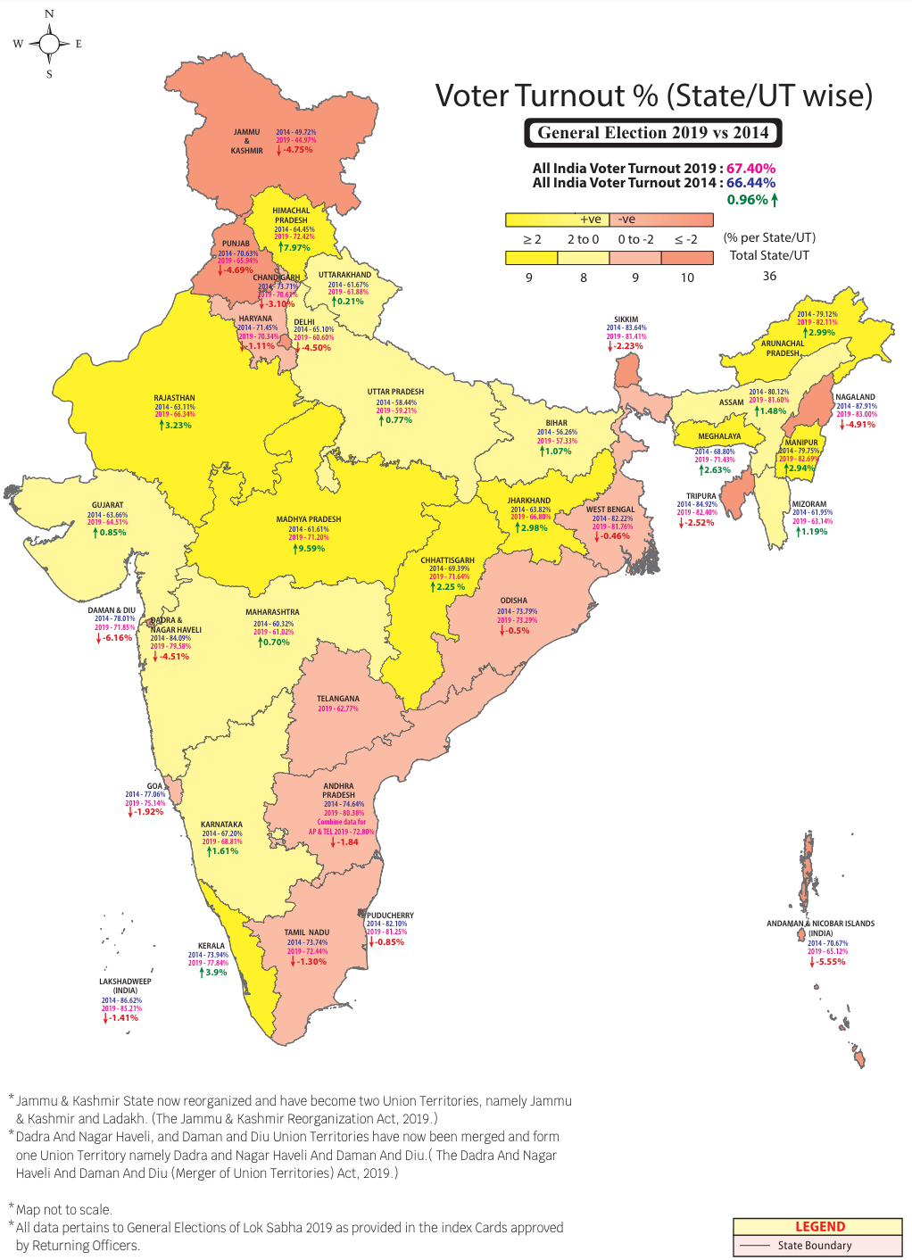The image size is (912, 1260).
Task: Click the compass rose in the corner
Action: pyautogui.click(x=49, y=44)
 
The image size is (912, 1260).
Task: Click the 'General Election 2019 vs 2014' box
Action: pyautogui.click(x=652, y=133)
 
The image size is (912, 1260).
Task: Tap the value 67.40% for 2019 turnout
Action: pyautogui.click(x=750, y=168)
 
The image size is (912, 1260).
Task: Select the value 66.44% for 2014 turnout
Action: pyautogui.click(x=750, y=183)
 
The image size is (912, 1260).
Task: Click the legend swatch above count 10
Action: pyautogui.click(x=687, y=258)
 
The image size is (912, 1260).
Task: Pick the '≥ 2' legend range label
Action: pyautogui.click(x=532, y=239)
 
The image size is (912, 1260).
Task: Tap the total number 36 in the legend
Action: pyautogui.click(x=769, y=276)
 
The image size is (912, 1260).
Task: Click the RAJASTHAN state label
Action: pyautogui.click(x=174, y=398)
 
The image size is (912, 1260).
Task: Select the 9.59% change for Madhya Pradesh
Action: pyautogui.click(x=310, y=549)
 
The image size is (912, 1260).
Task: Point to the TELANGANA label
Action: pyautogui.click(x=338, y=699)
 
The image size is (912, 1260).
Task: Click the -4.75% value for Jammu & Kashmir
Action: pyautogui.click(x=297, y=150)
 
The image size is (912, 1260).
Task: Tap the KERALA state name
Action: pyautogui.click(x=211, y=946)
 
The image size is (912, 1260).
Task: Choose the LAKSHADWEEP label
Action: pyautogui.click(x=125, y=982)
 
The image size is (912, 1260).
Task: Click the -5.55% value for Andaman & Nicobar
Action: pyautogui.click(x=830, y=962)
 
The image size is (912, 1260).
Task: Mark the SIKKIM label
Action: pyautogui.click(x=626, y=319)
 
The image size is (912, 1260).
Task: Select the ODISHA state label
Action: pyautogui.click(x=514, y=601)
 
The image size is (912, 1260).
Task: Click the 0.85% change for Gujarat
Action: pyautogui.click(x=112, y=533)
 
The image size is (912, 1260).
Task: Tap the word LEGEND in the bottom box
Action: pyautogui.click(x=819, y=1227)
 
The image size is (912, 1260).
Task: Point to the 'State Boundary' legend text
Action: pyautogui.click(x=814, y=1246)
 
